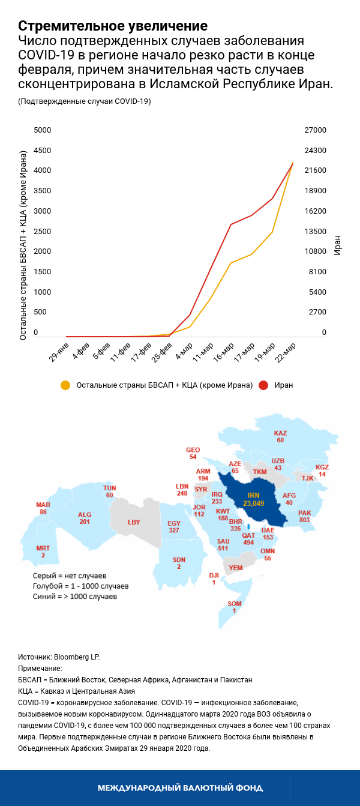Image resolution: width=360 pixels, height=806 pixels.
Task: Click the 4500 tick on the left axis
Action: click(42, 151)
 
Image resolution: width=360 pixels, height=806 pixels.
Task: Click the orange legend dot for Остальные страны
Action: click(65, 385)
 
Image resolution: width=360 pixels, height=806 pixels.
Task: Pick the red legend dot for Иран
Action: click(263, 385)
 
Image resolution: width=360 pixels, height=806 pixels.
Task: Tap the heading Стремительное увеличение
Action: click(113, 26)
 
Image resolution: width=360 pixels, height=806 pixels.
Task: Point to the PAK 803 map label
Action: click(305, 516)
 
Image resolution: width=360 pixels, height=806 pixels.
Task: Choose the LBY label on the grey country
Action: click(134, 522)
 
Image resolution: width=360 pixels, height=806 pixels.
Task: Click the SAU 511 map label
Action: click(223, 544)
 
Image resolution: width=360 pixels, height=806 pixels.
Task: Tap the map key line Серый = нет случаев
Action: click(69, 575)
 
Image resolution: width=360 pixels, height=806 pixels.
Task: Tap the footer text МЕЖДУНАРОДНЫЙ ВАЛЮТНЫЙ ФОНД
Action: click(180, 787)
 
